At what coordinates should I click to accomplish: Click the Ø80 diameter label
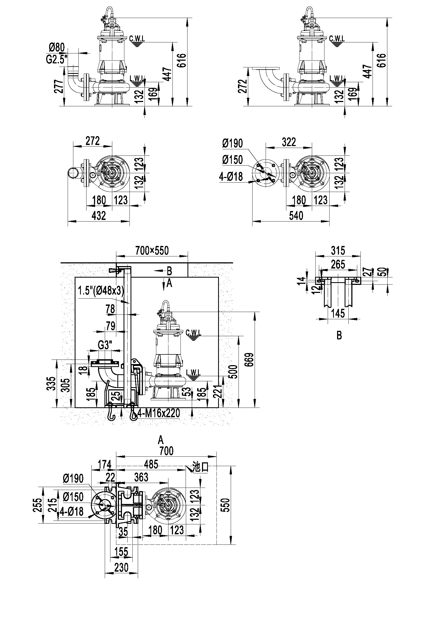pos(57,48)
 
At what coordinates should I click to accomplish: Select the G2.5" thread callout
pos(56,59)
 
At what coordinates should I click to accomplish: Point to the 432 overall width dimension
pos(99,216)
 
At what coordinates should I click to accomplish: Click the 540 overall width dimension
pos(296,216)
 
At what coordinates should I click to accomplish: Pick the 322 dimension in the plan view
pos(289,142)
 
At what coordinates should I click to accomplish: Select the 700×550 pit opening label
pos(152,251)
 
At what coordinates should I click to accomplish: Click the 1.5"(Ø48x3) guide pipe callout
pos(101,291)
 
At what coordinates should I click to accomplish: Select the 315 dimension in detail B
pos(338,251)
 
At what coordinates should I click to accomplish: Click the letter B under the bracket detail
pos(339,336)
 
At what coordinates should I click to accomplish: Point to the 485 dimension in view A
pos(151,464)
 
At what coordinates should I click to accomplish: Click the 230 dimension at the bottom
pos(121,568)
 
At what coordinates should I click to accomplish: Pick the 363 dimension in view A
pos(141,477)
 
